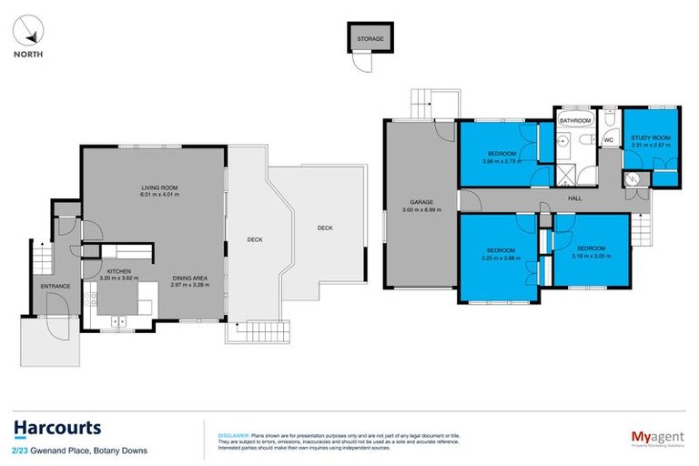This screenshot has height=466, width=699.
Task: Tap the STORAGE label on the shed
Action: point(370,40)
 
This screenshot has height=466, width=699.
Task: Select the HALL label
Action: point(574,198)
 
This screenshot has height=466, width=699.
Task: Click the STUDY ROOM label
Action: point(650,138)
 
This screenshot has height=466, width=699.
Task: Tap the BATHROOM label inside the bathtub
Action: point(575,120)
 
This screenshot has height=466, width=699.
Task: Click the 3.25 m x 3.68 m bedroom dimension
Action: point(501,257)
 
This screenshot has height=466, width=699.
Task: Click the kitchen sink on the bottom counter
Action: point(120,320)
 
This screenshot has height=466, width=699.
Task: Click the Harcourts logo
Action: point(57,428)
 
